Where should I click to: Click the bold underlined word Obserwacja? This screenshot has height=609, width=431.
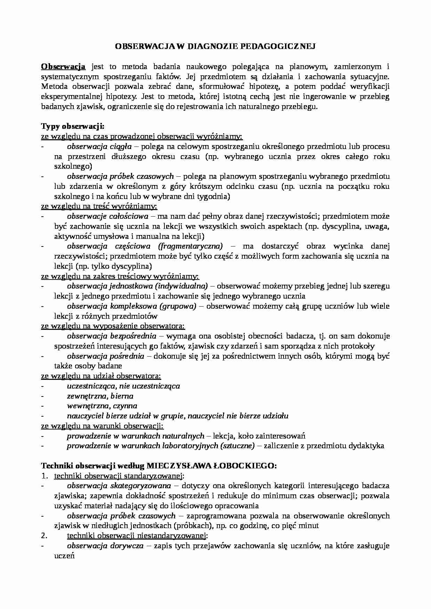pos(63,66)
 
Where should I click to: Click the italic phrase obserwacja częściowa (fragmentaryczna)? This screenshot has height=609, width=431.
pos(145,246)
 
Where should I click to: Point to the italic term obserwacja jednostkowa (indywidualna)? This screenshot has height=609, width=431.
pos(137,286)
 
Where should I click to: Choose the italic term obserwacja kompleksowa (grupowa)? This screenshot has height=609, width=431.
pos(131,306)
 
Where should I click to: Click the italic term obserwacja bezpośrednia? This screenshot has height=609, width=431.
pos(111,336)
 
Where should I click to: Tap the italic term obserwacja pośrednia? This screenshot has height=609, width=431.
pos(105,356)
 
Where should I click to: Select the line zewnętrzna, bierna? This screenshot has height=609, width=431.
pos(100,396)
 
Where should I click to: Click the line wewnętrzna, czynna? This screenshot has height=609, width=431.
pos(102,406)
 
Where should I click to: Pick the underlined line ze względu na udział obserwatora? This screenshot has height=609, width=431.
pos(101,376)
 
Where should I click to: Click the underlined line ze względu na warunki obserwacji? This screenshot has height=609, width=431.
pos(102,426)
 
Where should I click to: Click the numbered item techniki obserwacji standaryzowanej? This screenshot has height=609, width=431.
pos(119,476)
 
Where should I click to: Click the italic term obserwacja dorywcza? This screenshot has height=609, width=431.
pos(105,545)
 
